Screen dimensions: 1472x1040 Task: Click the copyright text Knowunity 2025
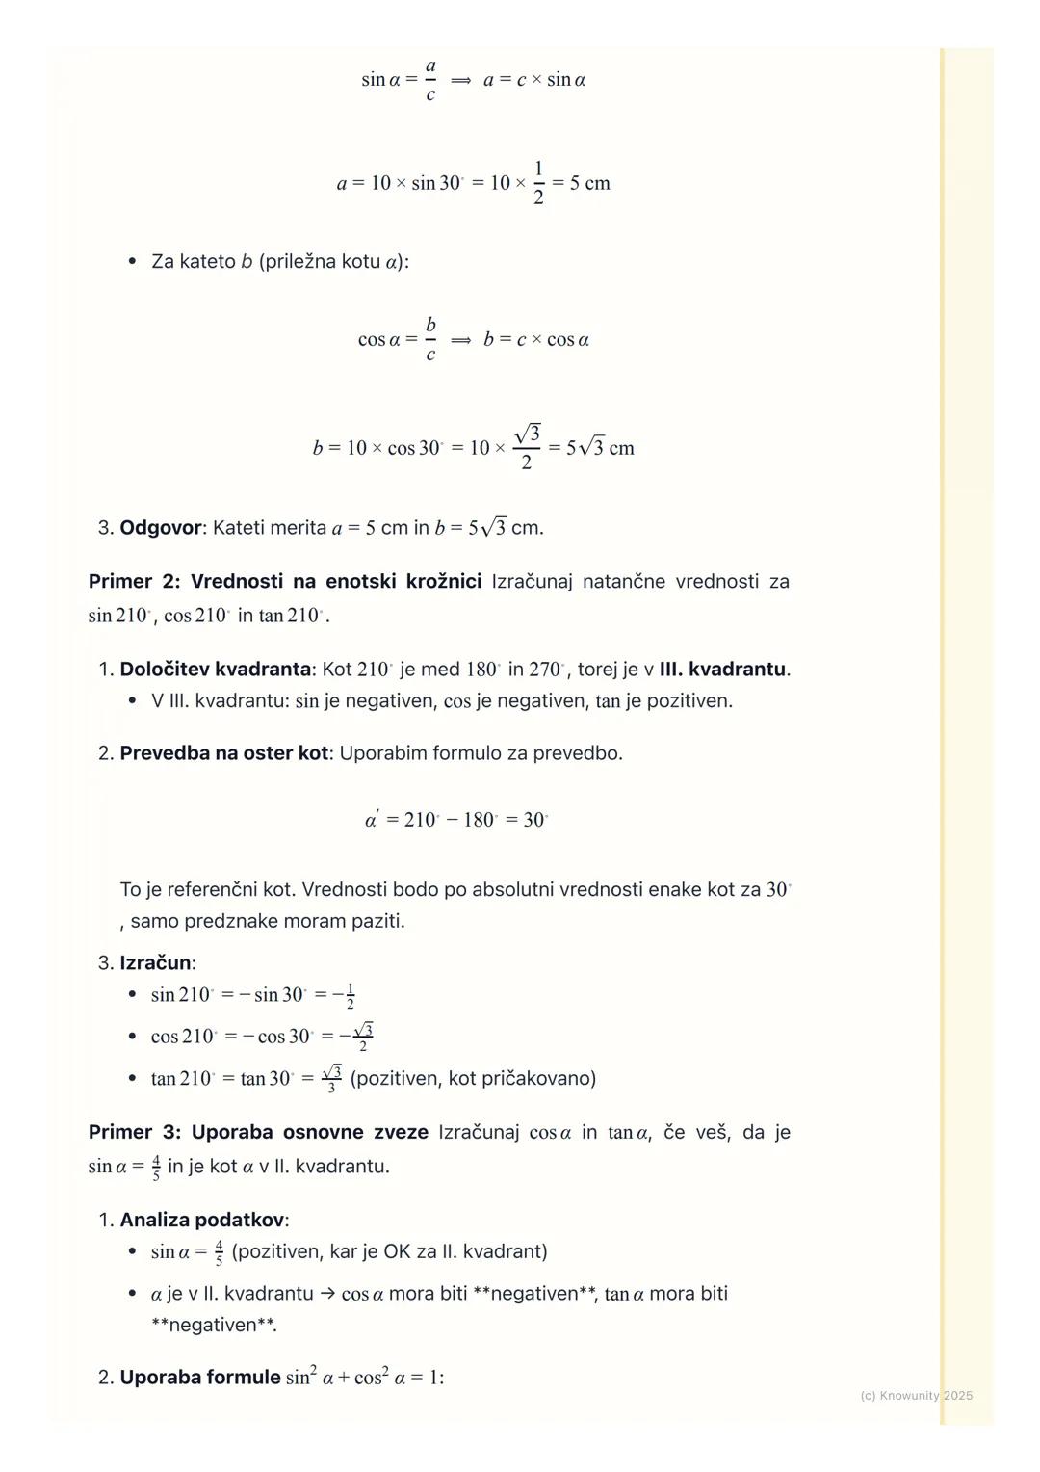pyautogui.click(x=916, y=1395)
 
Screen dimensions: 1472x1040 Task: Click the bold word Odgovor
pyautogui.click(x=160, y=528)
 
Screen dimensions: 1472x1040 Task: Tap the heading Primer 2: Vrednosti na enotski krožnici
pyautogui.click(x=285, y=582)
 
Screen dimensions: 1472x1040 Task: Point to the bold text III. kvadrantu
pyautogui.click(x=723, y=670)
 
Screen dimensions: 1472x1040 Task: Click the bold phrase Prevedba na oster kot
pyautogui.click(x=223, y=753)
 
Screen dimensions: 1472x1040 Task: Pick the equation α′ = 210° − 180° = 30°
pyautogui.click(x=456, y=820)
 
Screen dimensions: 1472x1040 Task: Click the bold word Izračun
pyautogui.click(x=156, y=963)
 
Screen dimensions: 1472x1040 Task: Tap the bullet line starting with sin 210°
pyautogui.click(x=252, y=995)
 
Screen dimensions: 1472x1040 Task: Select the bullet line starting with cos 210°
pyautogui.click(x=261, y=1037)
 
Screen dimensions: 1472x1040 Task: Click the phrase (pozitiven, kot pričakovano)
pyautogui.click(x=473, y=1078)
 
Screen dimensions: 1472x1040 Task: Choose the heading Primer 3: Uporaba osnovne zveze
pyautogui.click(x=258, y=1133)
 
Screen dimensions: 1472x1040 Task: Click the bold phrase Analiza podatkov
pyautogui.click(x=202, y=1221)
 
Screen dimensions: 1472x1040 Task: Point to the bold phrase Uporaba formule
pyautogui.click(x=199, y=1378)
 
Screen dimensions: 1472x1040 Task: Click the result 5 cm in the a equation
pyautogui.click(x=589, y=183)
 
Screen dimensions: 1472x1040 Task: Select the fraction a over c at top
pyautogui.click(x=430, y=80)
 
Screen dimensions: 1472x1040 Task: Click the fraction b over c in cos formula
pyautogui.click(x=430, y=339)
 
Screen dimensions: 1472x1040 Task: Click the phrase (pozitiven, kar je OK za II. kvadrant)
pyautogui.click(x=389, y=1252)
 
